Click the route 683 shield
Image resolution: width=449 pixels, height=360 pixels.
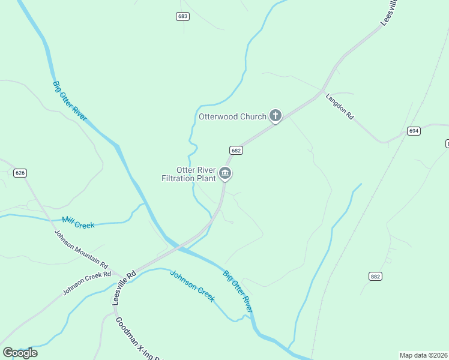click(183, 16)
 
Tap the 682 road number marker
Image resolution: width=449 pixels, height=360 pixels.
click(235, 150)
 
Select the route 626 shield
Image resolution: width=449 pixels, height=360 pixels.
click(20, 173)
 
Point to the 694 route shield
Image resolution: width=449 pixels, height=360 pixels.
click(413, 131)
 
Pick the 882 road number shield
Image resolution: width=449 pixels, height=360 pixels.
click(376, 276)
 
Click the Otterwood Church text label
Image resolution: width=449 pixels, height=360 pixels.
click(232, 116)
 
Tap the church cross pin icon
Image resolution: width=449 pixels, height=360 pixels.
click(276, 116)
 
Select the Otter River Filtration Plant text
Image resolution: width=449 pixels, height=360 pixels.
click(187, 174)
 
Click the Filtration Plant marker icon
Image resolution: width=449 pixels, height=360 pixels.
click(226, 174)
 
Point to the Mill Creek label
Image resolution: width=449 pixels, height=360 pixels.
click(78, 224)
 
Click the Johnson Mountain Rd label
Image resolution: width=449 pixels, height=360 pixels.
click(81, 249)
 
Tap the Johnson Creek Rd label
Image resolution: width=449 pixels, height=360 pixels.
click(88, 284)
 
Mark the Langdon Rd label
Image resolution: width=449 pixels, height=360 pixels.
click(339, 107)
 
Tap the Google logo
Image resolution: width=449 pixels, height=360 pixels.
click(20, 352)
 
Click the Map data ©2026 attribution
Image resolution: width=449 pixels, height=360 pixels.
click(424, 355)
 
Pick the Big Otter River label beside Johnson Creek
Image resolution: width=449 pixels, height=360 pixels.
click(237, 290)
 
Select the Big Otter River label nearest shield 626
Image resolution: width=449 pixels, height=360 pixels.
click(70, 101)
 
